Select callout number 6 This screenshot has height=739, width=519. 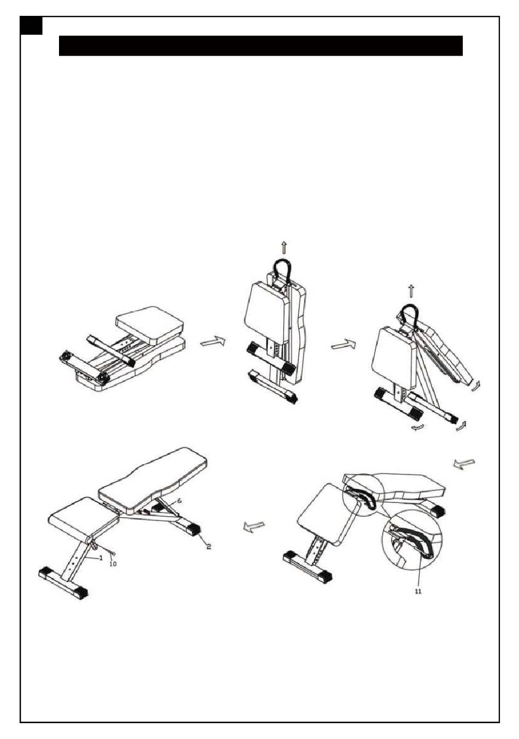(179, 500)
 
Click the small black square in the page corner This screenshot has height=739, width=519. (31, 26)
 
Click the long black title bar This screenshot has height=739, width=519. (261, 46)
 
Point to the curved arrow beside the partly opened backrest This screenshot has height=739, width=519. (475, 386)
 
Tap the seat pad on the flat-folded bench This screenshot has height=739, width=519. (150, 324)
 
